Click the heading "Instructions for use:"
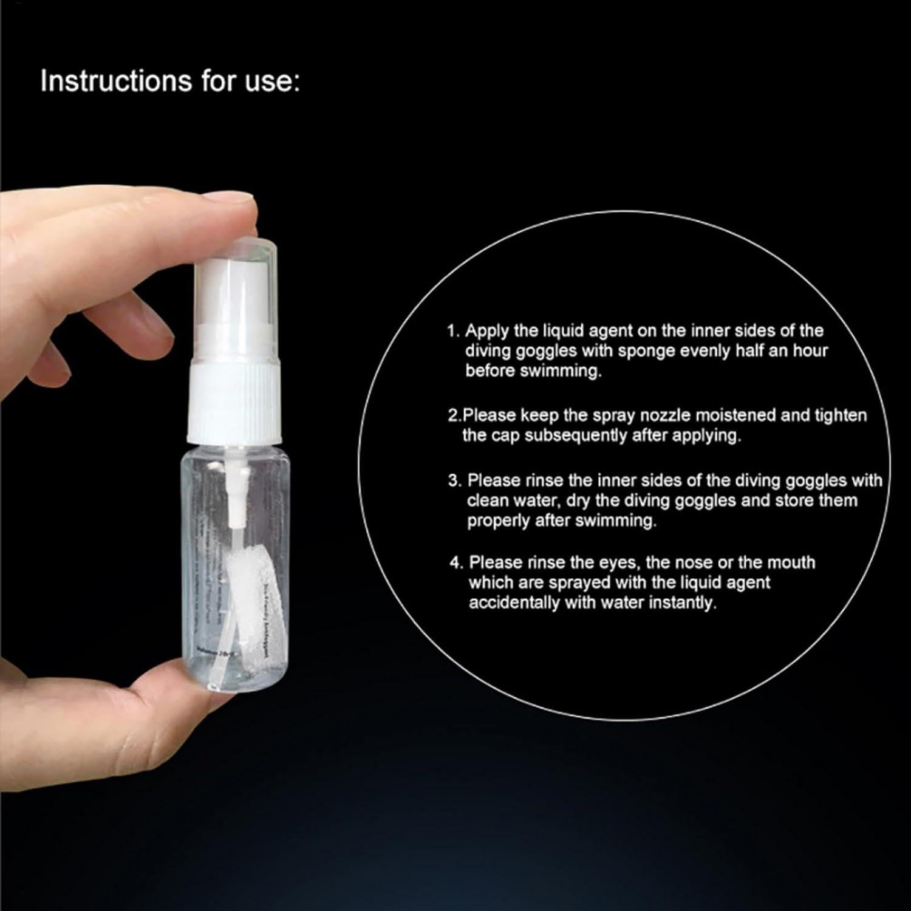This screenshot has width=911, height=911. [x=170, y=81]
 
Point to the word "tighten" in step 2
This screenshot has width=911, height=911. [x=839, y=415]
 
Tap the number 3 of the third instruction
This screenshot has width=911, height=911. [x=453, y=480]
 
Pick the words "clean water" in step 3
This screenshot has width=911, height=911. [x=511, y=500]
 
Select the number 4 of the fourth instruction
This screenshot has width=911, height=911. [x=455, y=562]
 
